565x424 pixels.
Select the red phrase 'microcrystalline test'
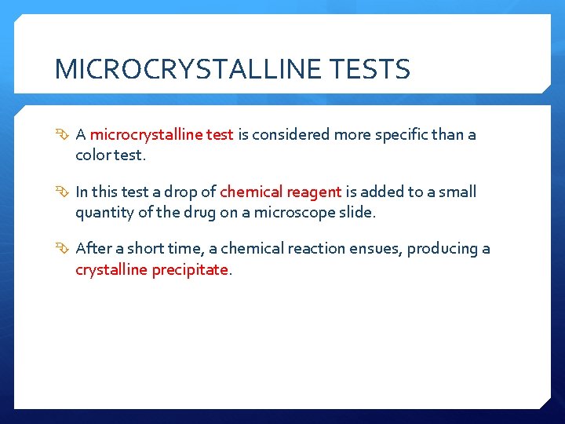(x=162, y=134)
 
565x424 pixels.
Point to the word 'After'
(x=93, y=249)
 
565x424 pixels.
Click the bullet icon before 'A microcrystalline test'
(x=64, y=135)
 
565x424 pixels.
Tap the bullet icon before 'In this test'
(x=64, y=192)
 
